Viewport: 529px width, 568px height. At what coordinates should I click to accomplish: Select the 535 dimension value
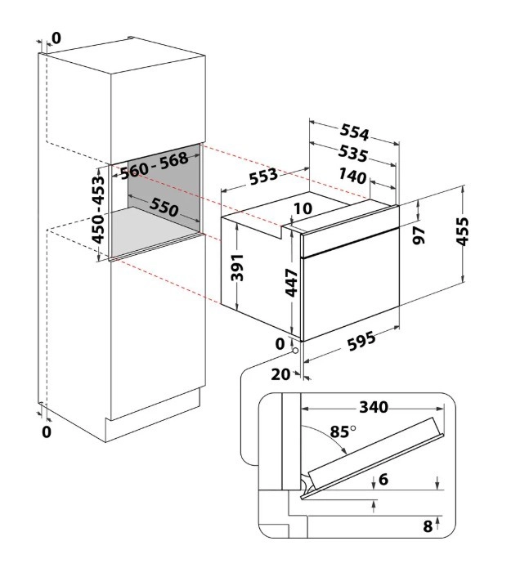353,154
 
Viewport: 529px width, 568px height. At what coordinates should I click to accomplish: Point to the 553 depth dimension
263,176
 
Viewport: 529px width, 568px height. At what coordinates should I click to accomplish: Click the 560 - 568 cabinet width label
155,166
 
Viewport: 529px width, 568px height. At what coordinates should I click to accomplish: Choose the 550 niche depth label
164,207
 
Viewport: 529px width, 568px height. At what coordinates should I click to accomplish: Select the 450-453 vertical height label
98,209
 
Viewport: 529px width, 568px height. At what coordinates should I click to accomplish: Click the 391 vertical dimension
237,267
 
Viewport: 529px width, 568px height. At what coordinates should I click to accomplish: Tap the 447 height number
292,283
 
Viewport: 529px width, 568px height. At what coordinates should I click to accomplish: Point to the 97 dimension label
419,235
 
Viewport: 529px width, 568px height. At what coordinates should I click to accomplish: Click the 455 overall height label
462,231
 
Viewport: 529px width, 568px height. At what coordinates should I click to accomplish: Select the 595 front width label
361,342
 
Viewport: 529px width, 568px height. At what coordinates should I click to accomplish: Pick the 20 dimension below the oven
280,374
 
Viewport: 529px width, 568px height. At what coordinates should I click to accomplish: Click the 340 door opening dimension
374,407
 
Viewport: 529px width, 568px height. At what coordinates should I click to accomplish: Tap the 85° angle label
343,432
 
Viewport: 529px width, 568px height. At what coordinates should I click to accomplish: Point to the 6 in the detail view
383,479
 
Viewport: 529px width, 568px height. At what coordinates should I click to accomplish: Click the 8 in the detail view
428,526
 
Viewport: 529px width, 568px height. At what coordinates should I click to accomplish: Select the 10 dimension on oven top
303,208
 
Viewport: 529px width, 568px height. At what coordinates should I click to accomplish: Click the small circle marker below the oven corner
295,351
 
